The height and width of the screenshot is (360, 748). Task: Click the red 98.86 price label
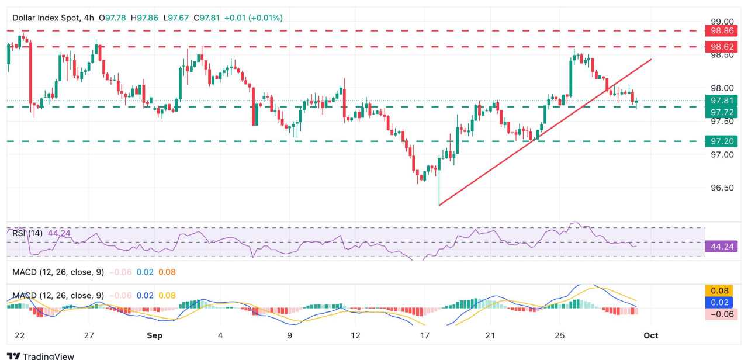click(721, 30)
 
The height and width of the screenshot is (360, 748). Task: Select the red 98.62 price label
click(721, 46)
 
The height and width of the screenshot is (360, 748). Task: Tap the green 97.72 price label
click(721, 112)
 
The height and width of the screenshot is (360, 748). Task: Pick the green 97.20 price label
click(721, 141)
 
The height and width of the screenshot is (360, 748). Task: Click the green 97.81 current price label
click(721, 100)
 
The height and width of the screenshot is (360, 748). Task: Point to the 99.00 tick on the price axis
click(721, 21)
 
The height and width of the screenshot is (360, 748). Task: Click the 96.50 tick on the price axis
click(721, 188)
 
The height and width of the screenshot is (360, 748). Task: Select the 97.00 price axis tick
click(721, 154)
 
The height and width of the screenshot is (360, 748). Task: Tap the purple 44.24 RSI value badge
click(721, 247)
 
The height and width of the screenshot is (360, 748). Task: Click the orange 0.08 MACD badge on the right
click(721, 290)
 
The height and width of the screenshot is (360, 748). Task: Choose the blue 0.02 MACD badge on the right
click(721, 302)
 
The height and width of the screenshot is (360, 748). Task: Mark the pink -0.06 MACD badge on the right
click(721, 314)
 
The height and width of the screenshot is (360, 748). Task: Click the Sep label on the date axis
click(154, 335)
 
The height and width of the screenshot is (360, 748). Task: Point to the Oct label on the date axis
click(650, 335)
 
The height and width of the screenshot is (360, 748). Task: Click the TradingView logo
click(40, 355)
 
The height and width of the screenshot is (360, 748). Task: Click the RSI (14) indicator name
click(27, 233)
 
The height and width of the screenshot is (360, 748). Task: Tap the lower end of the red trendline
click(439, 205)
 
